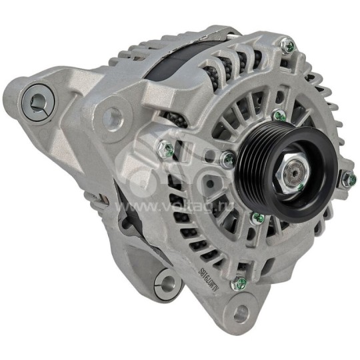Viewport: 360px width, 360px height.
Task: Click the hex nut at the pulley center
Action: tap(293, 175)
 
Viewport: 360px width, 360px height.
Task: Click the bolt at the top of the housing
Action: tap(288, 47)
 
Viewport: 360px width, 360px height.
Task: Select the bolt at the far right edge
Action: tap(347, 179)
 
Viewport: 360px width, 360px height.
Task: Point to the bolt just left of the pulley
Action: tap(228, 159)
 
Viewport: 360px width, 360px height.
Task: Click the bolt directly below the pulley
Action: tap(256, 217)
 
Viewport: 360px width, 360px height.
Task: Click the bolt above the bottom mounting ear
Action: tap(236, 285)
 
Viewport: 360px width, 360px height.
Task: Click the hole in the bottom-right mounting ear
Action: tap(241, 313)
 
